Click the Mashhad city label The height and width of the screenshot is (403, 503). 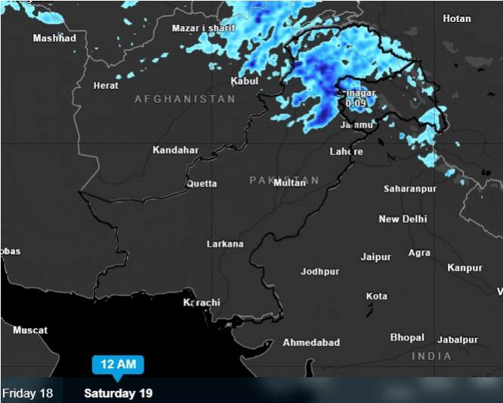pos(54,38)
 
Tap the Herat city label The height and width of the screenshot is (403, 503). pos(106,85)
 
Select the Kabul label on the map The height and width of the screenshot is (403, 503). pos(244,81)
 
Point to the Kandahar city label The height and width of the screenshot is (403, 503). pos(175,150)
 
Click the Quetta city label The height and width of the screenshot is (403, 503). pos(202,183)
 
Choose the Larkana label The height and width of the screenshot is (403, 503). pos(225,243)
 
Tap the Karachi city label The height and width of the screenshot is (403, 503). pos(202,302)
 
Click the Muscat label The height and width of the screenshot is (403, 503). pos(30,330)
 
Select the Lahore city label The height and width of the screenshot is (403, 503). pos(346,151)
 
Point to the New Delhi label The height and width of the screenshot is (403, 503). pos(403,219)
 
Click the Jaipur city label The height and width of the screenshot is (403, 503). pos(375,257)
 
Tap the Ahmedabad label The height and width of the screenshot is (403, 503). pos(311,343)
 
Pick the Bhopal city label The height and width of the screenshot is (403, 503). pos(407,337)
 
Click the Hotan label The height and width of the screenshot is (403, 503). pos(456,18)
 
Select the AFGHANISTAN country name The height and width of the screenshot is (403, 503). pos(185,99)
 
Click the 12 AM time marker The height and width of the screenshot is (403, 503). pos(117,364)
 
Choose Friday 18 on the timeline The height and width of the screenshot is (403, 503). pos(28,393)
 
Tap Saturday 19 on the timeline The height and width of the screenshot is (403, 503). pos(118,393)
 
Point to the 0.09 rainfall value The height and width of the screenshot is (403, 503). pos(355,103)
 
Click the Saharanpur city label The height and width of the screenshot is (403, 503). pos(410,188)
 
